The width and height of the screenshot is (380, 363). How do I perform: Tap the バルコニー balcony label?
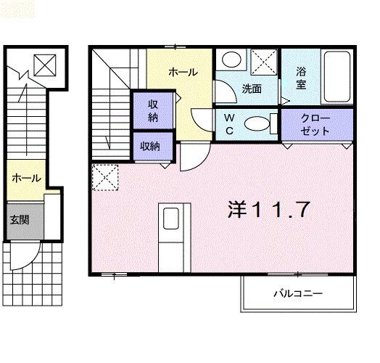(x=297, y=294)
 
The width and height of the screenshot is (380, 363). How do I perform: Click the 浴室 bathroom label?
(x=301, y=78)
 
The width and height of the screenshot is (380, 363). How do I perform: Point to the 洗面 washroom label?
(x=252, y=89)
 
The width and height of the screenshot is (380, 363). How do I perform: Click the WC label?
(x=228, y=123)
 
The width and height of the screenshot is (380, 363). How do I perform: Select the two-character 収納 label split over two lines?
(x=154, y=110)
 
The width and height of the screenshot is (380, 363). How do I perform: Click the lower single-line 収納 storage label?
(x=150, y=146)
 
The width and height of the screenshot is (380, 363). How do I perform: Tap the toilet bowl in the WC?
(x=256, y=123)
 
